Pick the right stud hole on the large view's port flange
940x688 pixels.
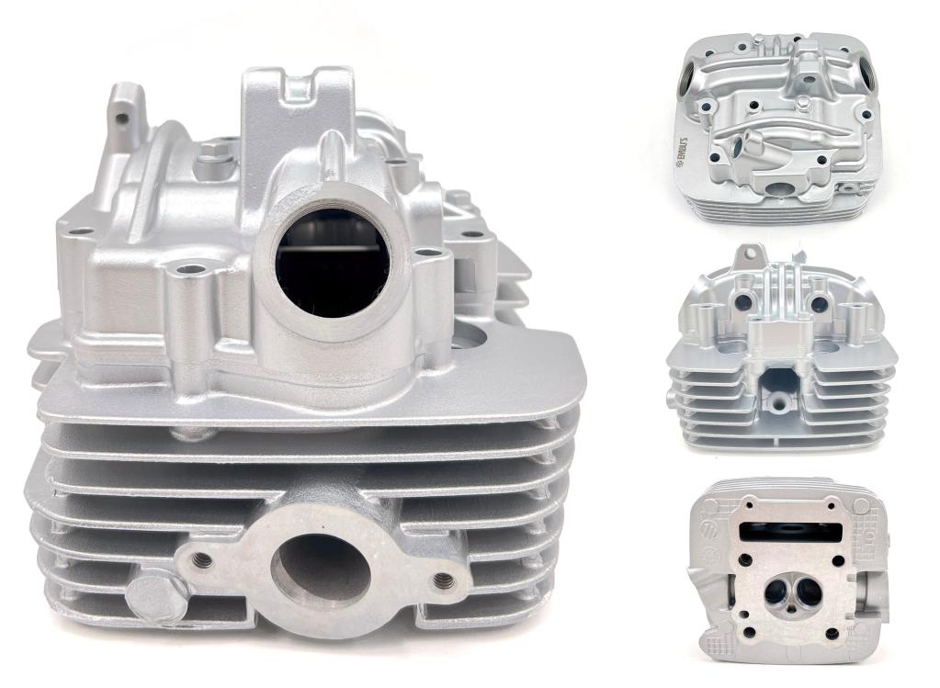tap(444, 580)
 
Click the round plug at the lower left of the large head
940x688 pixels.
tap(153, 597)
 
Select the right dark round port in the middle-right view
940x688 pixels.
tap(819, 304)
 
